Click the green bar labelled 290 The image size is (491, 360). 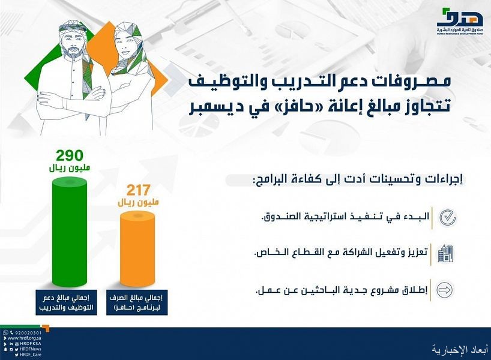tap(69, 232)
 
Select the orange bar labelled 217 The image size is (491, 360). tap(137, 249)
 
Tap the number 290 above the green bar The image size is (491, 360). tap(70, 155)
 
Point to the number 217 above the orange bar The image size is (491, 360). tap(139, 190)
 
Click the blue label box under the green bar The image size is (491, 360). tap(67, 302)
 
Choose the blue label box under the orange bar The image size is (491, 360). tap(137, 302)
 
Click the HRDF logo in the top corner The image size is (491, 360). tap(460, 21)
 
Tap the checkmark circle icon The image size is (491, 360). tap(447, 218)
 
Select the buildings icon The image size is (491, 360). tap(445, 254)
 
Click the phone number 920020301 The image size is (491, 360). tap(28, 333)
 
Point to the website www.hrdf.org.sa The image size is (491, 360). tap(25, 338)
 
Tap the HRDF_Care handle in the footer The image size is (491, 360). tap(31, 355)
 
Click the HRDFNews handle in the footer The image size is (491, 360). tap(31, 349)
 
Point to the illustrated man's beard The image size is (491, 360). tap(73, 51)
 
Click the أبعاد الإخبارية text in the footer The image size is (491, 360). tap(459, 349)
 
